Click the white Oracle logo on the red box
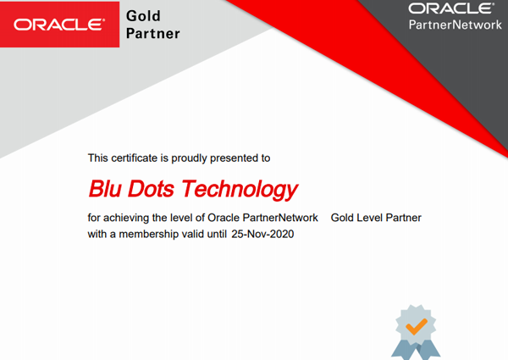coord(58,25)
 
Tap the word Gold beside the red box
coord(143,16)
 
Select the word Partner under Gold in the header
coord(153,34)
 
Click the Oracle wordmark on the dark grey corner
coord(451,8)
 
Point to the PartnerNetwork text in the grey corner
coord(456,25)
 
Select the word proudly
coord(189,158)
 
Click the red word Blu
coord(105,189)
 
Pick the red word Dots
coord(151,189)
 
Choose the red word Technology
coord(240,190)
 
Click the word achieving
coord(126,218)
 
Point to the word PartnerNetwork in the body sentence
coord(280,218)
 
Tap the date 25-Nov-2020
coord(262,234)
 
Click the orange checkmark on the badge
coord(417,326)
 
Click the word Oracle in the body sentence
coord(224,218)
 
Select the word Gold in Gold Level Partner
coord(342,218)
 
